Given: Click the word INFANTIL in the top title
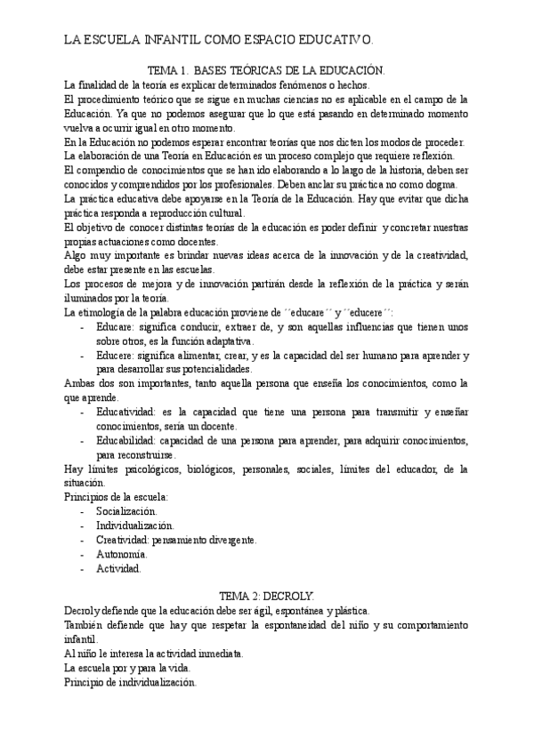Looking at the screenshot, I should click(174, 39).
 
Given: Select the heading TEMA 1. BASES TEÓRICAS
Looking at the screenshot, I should click(266, 69).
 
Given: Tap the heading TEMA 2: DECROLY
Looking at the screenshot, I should click(266, 597).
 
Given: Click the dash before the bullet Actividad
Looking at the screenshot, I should click(83, 568).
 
